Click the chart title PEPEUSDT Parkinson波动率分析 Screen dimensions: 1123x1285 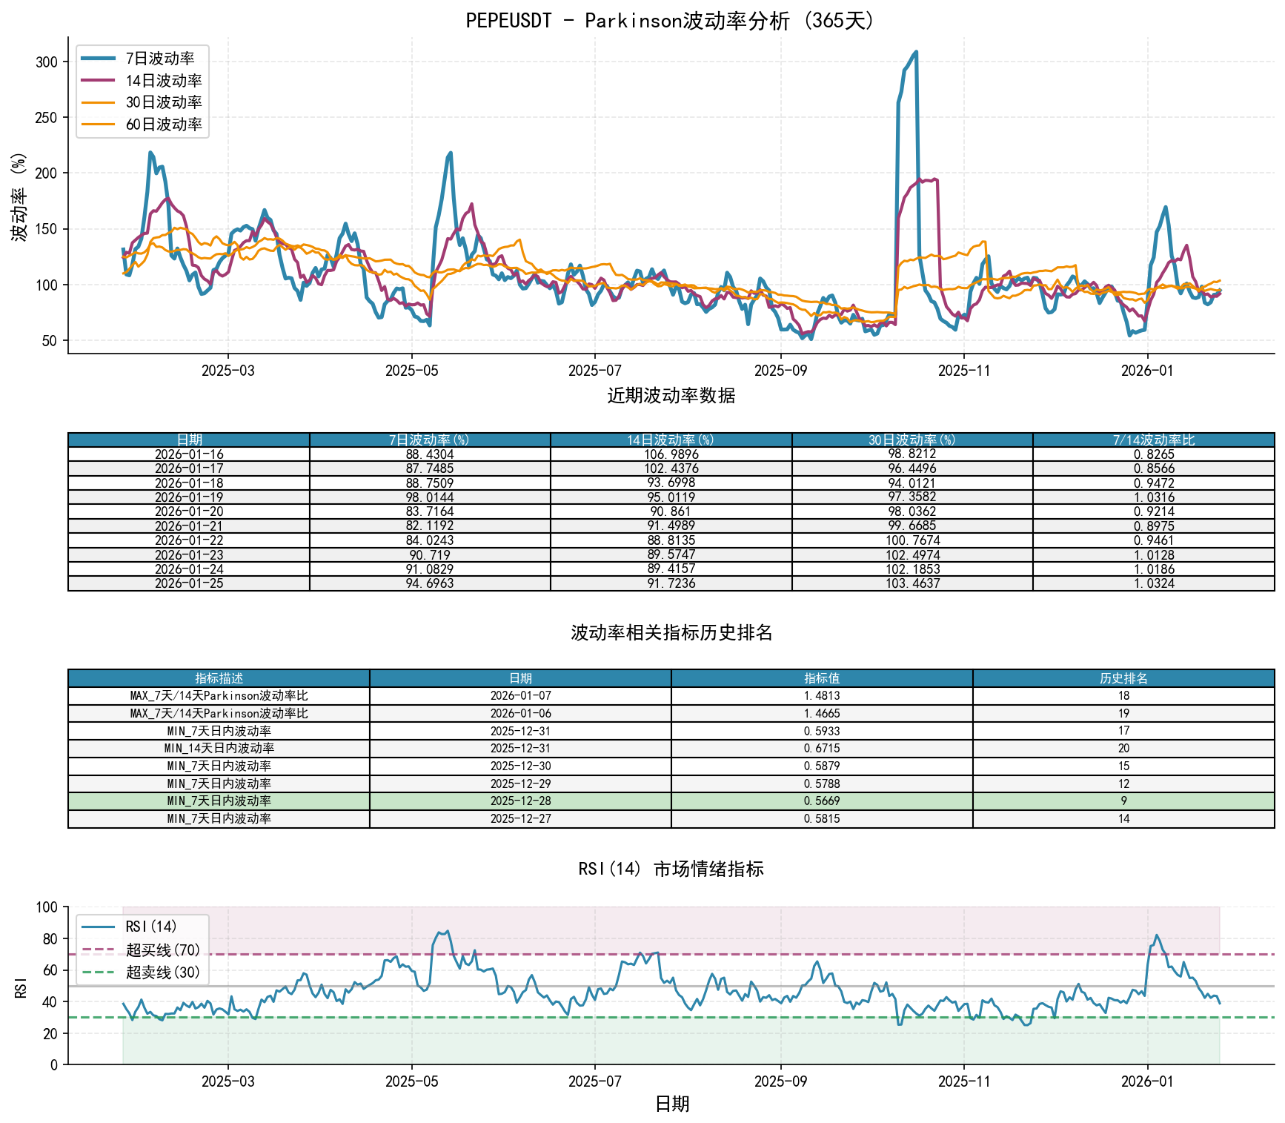[671, 20]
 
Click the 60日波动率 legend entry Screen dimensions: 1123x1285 [163, 125]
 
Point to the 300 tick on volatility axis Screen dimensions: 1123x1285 [47, 62]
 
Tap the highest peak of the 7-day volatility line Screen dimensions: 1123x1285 [916, 52]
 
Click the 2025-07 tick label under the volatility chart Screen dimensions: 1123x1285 [594, 371]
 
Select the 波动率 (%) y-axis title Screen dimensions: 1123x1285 [19, 196]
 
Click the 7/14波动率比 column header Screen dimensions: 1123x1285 [1153, 440]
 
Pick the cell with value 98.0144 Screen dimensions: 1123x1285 [430, 497]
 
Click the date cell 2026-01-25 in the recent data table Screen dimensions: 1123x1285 [189, 583]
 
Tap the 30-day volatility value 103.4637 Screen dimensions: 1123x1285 [912, 583]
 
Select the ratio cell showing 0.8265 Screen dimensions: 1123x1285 [1153, 454]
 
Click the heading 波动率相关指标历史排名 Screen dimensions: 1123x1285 [671, 632]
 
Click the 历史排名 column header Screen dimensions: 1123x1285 [1123, 678]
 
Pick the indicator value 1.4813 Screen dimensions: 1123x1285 [822, 696]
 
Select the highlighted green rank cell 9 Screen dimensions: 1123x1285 [1123, 801]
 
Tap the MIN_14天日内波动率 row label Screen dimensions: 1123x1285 [219, 749]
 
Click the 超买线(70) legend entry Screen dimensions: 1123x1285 [162, 950]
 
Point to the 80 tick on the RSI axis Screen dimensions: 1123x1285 [49, 939]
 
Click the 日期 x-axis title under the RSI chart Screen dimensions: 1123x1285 [672, 1104]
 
